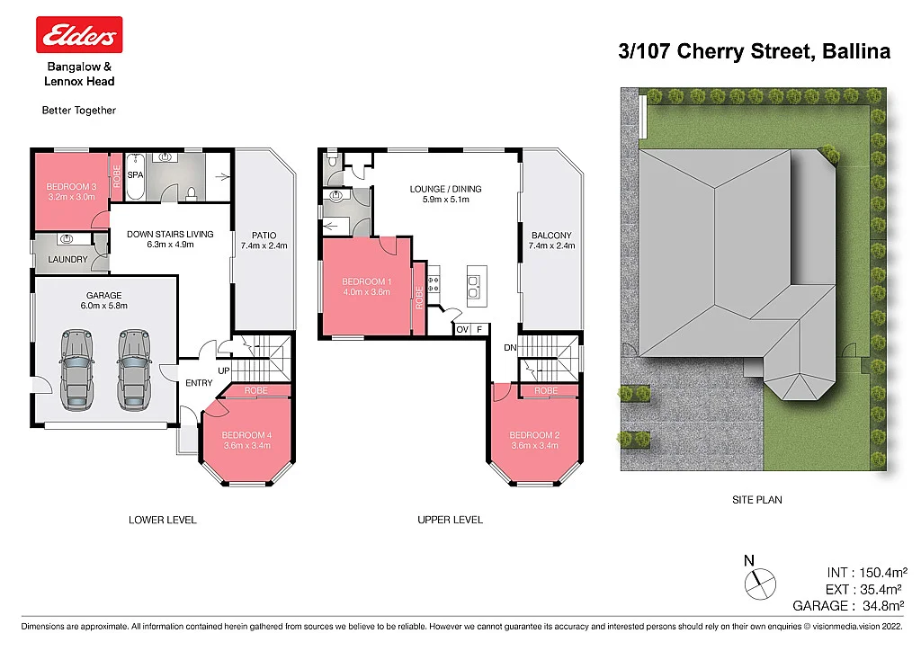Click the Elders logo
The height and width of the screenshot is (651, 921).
78,35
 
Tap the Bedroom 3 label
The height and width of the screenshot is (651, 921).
70,186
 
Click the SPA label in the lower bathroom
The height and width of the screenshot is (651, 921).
135,174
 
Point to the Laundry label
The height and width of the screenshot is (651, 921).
67,260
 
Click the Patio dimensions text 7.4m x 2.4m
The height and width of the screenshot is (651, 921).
263,245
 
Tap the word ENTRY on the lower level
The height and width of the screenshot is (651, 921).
199,383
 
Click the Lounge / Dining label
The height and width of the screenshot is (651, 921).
445,189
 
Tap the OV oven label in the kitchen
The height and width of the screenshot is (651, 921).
462,330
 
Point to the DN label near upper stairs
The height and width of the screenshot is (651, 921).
510,347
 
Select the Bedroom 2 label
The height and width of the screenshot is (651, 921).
534,435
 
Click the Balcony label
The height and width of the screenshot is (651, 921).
550,236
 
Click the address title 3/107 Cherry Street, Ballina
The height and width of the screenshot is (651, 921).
754,51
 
